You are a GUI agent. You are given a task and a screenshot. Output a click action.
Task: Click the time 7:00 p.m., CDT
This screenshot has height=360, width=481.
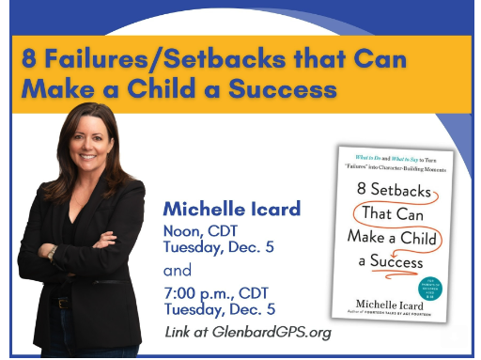pyautogui.click(x=215, y=292)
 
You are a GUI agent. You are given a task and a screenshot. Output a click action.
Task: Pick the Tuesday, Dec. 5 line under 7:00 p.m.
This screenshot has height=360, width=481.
pyautogui.click(x=219, y=308)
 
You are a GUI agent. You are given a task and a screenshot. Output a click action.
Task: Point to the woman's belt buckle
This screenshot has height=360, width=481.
pyautogui.click(x=64, y=304)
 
